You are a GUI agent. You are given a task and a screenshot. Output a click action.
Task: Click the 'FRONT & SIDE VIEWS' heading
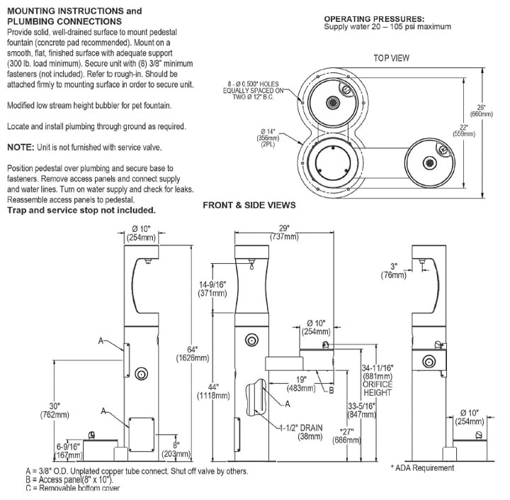coord(249,206)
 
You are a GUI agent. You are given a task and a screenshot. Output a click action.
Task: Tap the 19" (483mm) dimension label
coord(301,383)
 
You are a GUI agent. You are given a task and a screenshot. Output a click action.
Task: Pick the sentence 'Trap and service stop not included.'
coord(80,211)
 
